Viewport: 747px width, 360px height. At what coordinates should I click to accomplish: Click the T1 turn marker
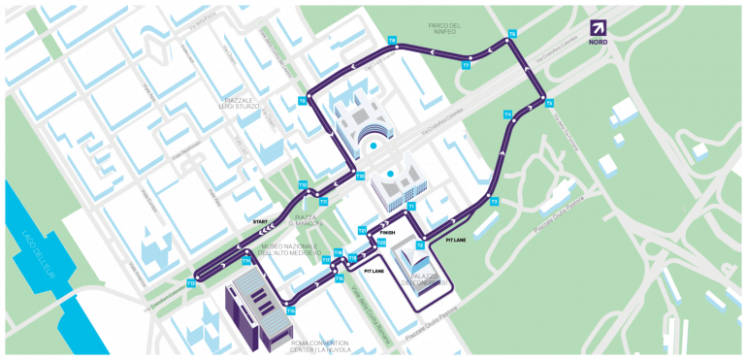411,206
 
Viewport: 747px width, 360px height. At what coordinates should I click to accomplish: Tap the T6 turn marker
513,34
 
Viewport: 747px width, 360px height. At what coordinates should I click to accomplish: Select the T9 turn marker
302,101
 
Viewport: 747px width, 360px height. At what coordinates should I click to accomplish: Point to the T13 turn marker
192,283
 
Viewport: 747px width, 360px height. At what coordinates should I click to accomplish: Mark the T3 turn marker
494,202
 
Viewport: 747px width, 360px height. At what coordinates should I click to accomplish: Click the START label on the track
260,223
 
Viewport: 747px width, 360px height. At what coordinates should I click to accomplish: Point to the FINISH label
388,233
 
